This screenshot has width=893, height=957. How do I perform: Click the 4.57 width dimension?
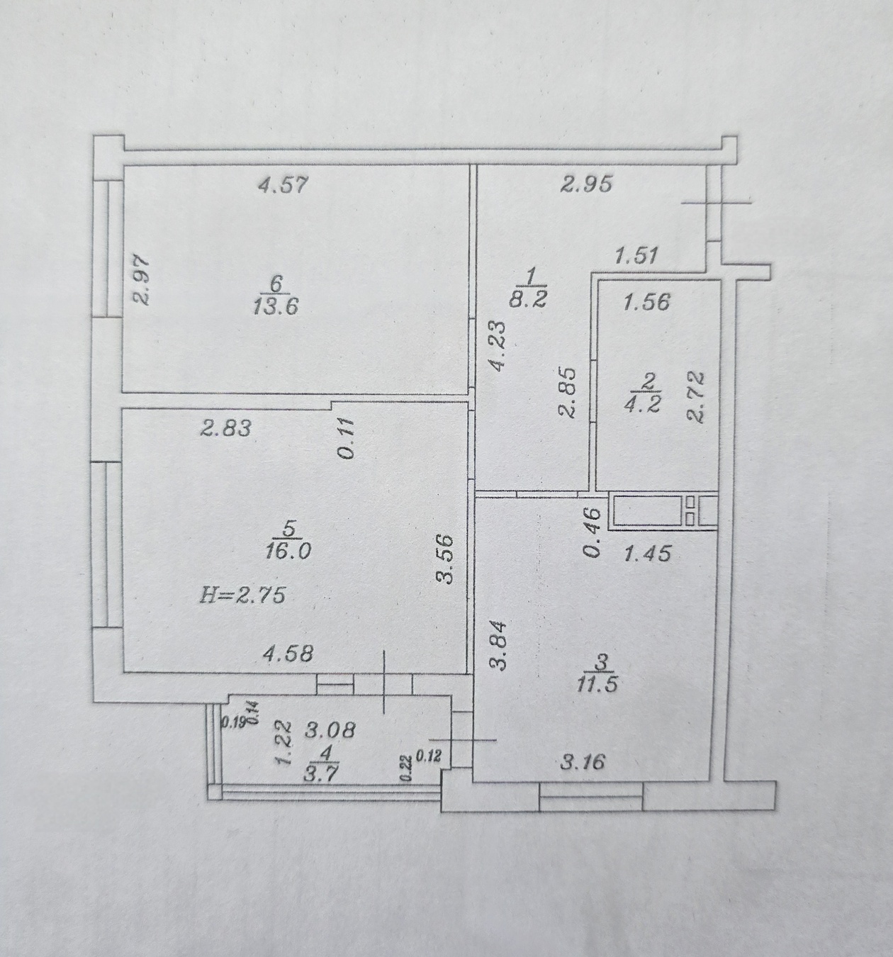282,184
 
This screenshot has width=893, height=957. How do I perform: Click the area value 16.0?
288,550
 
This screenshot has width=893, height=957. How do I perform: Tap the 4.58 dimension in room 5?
288,654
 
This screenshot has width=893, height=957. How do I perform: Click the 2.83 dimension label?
225,428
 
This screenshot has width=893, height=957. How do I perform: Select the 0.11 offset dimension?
347,437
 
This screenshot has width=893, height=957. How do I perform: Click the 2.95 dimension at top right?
585,184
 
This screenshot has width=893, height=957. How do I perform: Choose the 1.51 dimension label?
636,255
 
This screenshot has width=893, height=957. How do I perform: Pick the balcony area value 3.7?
322,776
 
